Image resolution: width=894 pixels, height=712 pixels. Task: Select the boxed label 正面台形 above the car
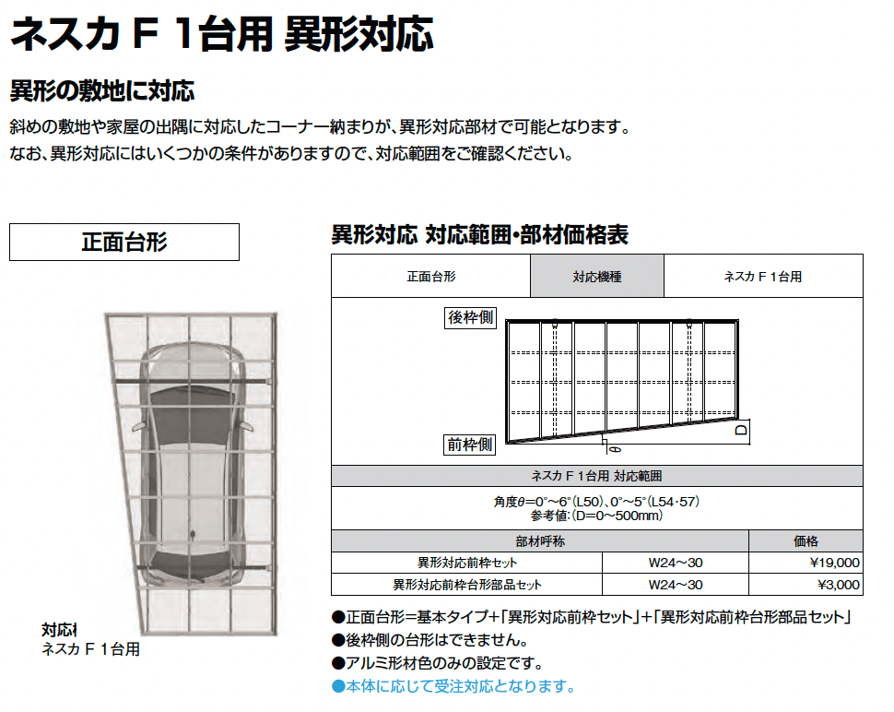(124, 242)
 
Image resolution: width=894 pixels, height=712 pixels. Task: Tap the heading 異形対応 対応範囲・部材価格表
(479, 235)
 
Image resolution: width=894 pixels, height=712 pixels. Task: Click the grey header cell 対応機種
(596, 277)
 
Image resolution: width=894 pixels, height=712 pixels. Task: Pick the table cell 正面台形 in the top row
(430, 277)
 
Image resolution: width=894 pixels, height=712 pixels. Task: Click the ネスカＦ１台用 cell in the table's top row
(762, 277)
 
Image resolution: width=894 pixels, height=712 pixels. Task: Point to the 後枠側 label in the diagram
(471, 318)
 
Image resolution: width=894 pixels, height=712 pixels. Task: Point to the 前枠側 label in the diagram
(471, 445)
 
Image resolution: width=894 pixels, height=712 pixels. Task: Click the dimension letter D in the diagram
(740, 431)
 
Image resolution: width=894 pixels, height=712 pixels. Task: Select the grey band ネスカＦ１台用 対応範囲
(596, 476)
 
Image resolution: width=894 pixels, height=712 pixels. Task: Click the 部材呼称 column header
(539, 541)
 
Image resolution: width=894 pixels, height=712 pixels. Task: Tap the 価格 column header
(806, 541)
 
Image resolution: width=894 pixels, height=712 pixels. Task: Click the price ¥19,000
(834, 563)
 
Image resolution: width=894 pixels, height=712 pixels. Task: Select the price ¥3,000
(838, 585)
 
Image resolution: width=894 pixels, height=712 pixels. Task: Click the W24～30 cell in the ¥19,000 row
(676, 563)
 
